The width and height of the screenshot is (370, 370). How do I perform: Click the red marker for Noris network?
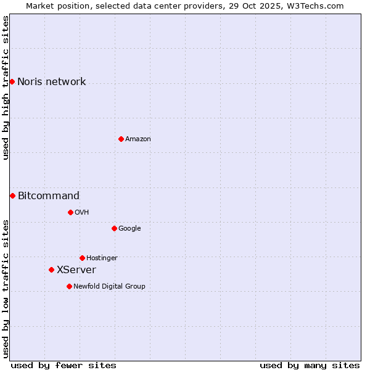click(12, 81)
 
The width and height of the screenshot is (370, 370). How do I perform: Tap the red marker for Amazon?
click(121, 139)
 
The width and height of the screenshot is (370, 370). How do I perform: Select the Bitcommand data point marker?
click(12, 195)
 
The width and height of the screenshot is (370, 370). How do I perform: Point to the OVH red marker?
click(70, 212)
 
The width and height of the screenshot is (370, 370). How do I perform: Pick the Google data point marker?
click(114, 228)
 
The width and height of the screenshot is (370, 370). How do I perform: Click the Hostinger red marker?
click(82, 258)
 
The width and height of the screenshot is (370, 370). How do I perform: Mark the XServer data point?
click(51, 269)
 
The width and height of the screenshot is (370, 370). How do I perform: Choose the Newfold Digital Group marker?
click(69, 286)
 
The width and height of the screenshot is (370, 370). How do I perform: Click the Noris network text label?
click(51, 82)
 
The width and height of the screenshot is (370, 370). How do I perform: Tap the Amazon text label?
click(138, 139)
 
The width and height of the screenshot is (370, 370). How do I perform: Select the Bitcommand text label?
click(49, 196)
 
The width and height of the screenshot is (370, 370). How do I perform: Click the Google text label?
click(129, 229)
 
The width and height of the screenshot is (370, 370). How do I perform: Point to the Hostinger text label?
click(102, 258)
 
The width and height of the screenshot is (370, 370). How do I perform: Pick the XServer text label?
click(76, 270)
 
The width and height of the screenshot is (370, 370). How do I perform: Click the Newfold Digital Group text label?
click(109, 287)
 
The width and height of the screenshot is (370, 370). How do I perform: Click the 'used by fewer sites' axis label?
click(64, 365)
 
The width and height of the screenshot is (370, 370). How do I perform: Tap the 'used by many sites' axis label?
click(310, 365)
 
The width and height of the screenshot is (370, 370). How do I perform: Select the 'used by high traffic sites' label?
click(6, 88)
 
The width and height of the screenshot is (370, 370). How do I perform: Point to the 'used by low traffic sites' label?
click(6, 289)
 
